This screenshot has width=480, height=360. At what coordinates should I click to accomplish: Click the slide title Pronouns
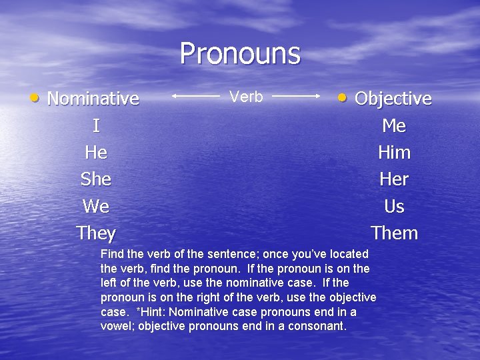click(240, 53)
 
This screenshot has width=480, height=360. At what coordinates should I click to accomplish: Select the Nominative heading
click(93, 99)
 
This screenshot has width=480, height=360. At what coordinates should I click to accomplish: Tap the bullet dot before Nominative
click(35, 98)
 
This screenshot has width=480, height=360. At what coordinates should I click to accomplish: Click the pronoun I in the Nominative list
click(96, 126)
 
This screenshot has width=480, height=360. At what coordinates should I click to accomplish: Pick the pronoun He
click(96, 153)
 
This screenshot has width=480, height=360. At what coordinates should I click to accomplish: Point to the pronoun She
click(96, 179)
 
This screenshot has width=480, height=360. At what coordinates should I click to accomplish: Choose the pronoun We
click(96, 207)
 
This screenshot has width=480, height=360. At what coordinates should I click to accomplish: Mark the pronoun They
click(96, 233)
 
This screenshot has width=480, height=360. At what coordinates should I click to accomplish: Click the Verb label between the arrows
click(246, 97)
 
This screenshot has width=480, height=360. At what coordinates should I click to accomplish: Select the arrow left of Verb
click(196, 96)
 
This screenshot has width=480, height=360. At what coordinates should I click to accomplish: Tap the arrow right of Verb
click(297, 96)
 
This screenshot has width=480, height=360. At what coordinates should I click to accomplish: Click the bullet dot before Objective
click(342, 98)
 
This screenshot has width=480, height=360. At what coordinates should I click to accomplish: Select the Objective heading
click(393, 99)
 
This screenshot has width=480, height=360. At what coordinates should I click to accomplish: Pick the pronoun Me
click(394, 126)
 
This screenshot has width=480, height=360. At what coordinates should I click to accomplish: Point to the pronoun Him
click(394, 153)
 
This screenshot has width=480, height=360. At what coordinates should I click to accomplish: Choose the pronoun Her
click(394, 179)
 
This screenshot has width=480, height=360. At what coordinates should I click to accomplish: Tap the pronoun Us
click(394, 207)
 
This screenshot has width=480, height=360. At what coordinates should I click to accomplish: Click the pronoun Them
click(394, 233)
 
